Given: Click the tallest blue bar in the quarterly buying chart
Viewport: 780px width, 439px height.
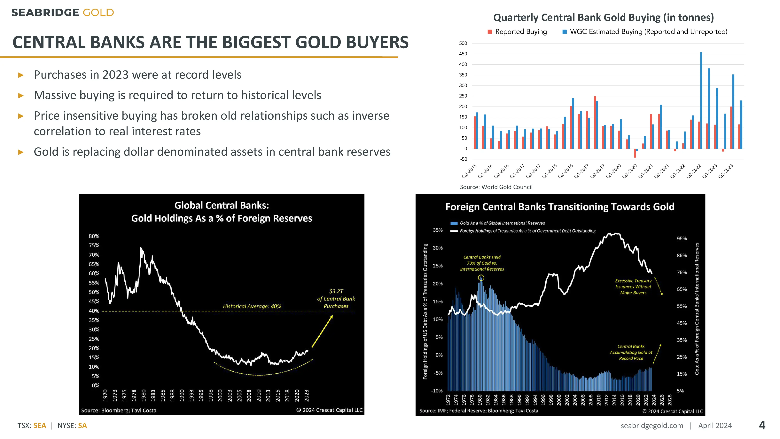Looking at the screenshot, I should pyautogui.click(x=701, y=100).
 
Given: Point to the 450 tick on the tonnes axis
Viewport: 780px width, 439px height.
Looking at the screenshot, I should pyautogui.click(x=463, y=54).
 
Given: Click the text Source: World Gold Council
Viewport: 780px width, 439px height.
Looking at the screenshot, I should pyautogui.click(x=496, y=187).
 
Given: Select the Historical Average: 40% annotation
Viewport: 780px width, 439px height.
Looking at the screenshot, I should pyautogui.click(x=252, y=306).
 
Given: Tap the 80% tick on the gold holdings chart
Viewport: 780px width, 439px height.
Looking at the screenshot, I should pyautogui.click(x=94, y=236).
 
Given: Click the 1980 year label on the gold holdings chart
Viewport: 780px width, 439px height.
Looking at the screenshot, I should pyautogui.click(x=144, y=395).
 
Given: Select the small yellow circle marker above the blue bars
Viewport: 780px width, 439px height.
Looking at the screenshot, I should pyautogui.click(x=481, y=277).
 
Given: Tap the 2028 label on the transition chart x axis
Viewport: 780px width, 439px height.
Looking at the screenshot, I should pyautogui.click(x=670, y=400).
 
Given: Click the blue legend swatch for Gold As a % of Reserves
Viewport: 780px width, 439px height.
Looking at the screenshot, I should pyautogui.click(x=454, y=223).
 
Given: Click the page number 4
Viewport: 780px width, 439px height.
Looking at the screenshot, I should pyautogui.click(x=762, y=425).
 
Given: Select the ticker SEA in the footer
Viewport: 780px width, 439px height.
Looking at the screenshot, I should pyautogui.click(x=40, y=426).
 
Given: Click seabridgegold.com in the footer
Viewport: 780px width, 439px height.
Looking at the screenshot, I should pyautogui.click(x=652, y=426).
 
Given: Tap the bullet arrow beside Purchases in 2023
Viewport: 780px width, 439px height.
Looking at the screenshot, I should pyautogui.click(x=21, y=75).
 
